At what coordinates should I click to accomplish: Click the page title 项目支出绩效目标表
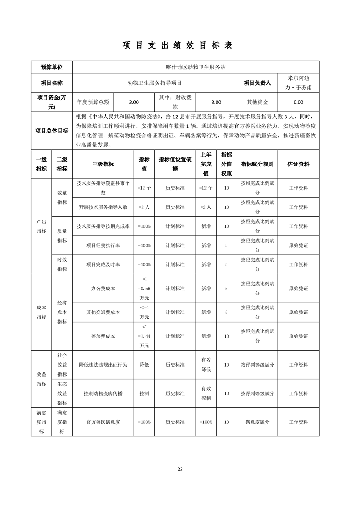[180, 45]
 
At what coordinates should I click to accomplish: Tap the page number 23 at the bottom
[180, 469]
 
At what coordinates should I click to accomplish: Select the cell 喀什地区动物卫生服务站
[196, 67]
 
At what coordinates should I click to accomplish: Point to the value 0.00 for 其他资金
[298, 103]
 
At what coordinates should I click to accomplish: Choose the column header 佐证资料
[298, 164]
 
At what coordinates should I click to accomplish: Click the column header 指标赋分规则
[257, 164]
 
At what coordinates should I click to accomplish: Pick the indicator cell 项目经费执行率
[103, 245]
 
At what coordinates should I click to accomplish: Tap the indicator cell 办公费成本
[103, 288]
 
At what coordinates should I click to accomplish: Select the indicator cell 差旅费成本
[103, 336]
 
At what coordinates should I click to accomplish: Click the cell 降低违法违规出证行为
[103, 365]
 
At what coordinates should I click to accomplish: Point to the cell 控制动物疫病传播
[103, 393]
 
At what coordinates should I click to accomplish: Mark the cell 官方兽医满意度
[103, 422]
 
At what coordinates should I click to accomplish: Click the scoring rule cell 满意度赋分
[257, 422]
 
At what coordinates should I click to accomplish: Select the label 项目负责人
[257, 83]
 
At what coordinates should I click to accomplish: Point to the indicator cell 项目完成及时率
[103, 264]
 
